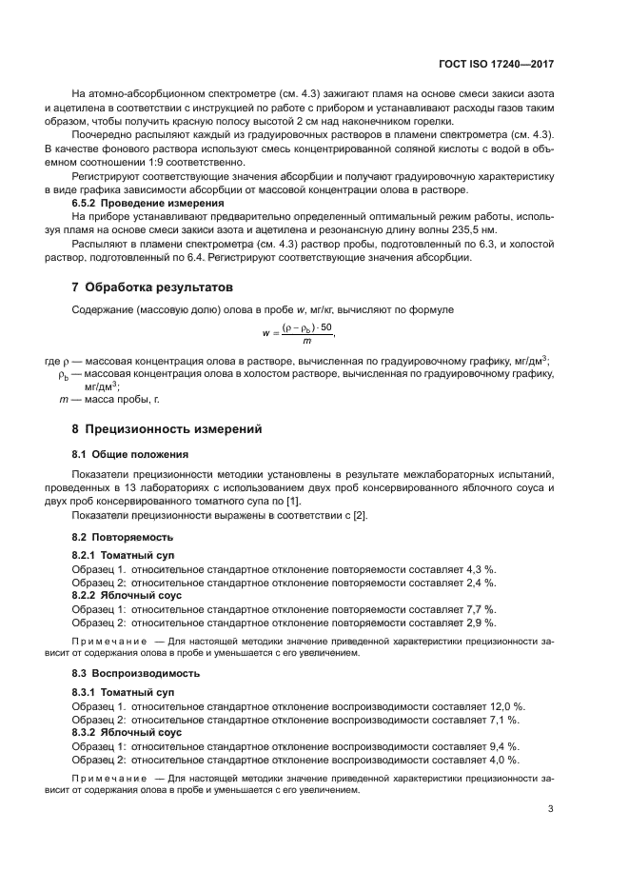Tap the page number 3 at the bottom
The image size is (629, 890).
[550, 809]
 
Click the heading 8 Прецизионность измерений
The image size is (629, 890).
[161, 428]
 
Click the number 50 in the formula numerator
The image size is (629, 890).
[325, 327]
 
